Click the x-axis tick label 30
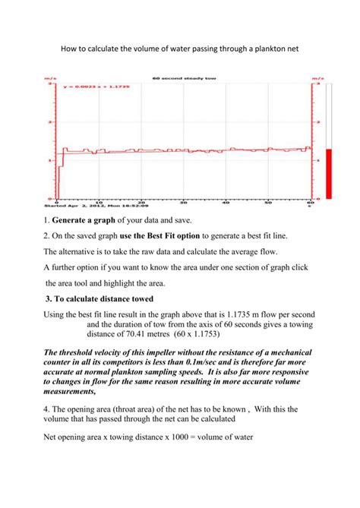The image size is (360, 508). (184, 201)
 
